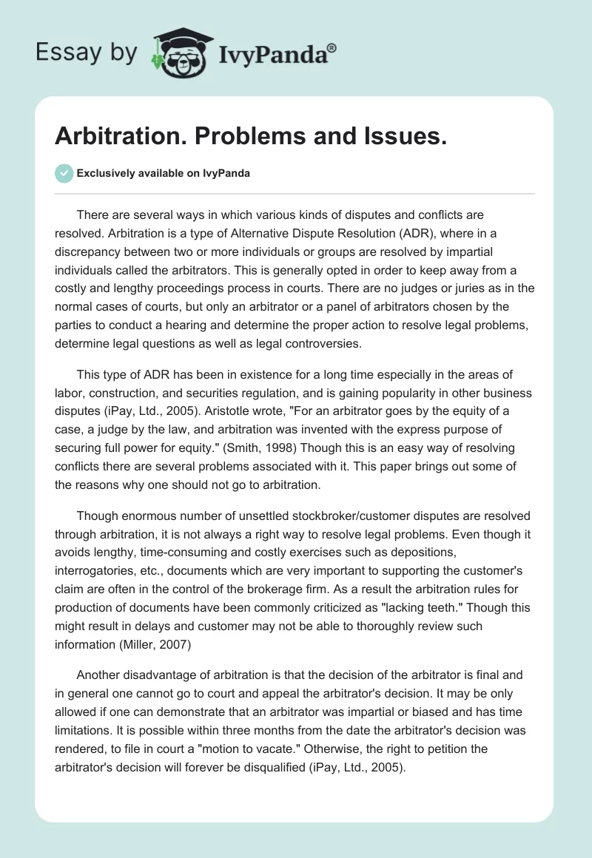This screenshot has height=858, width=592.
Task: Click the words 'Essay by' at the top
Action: click(87, 53)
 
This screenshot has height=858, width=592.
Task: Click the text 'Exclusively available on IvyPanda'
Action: click(164, 174)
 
